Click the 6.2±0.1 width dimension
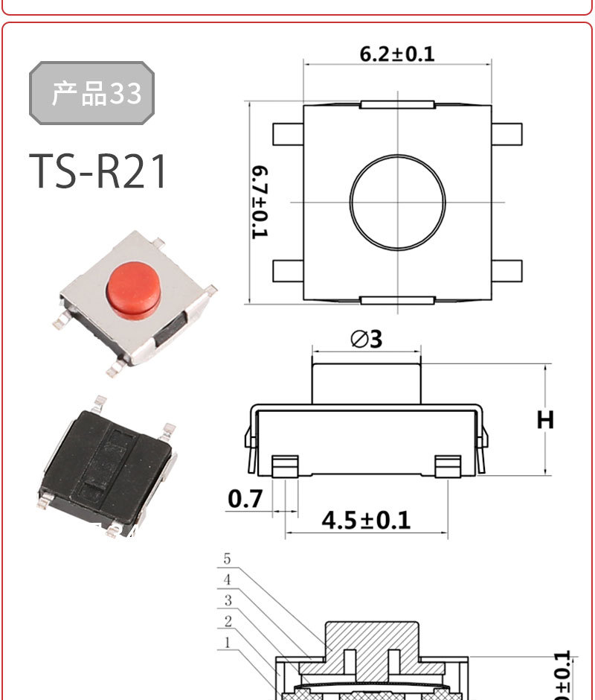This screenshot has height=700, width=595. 396,54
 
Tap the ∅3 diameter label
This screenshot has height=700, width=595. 366,339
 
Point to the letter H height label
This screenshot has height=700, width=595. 546,420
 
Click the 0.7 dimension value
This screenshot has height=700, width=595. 245,498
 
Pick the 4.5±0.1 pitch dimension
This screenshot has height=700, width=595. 366,519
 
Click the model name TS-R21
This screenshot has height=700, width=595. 99,172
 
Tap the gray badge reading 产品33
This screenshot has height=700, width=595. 91,93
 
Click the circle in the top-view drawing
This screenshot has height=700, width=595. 398,203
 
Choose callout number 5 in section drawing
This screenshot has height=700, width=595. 227,559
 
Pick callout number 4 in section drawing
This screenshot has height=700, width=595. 227,579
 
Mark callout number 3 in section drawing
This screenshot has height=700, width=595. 228,600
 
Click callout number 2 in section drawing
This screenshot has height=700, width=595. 228,621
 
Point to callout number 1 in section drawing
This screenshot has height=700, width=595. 228,641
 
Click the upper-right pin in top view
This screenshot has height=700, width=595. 507,134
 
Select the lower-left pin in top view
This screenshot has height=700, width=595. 288,270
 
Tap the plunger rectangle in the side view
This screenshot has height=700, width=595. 366,383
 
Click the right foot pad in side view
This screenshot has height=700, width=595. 448,466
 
